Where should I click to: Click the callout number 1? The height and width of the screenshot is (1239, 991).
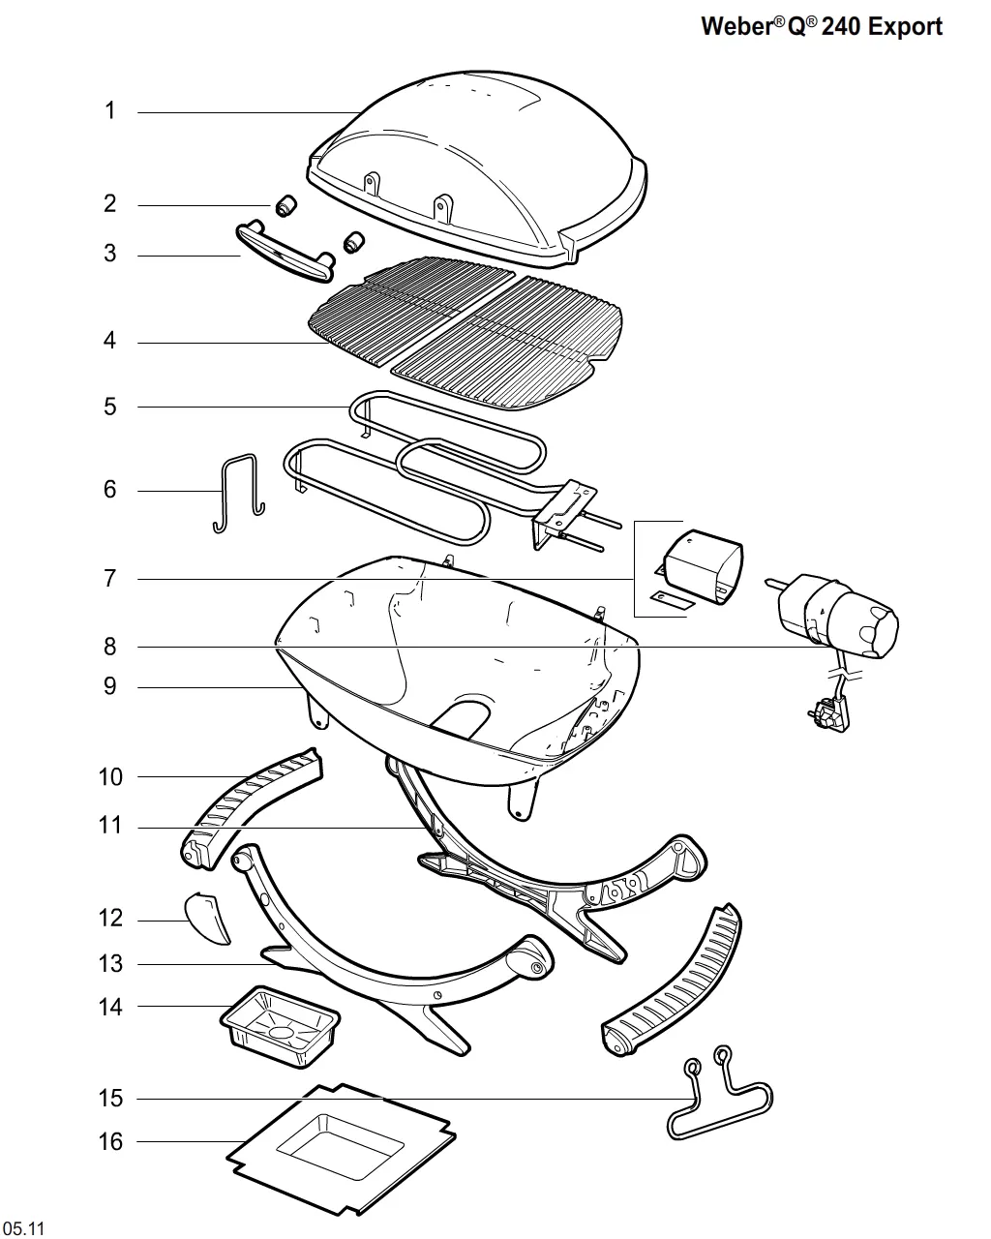(110, 110)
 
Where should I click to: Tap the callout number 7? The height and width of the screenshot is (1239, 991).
(110, 579)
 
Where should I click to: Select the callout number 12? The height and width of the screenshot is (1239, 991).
(110, 918)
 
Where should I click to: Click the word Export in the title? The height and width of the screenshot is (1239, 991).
(905, 27)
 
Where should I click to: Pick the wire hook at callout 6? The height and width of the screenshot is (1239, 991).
(239, 494)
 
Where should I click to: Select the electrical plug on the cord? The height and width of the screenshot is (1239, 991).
(828, 715)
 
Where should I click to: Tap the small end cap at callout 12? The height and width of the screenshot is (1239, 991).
(207, 919)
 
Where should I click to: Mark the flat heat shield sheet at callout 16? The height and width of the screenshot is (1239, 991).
(341, 1150)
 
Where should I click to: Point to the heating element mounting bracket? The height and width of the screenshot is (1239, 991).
(564, 512)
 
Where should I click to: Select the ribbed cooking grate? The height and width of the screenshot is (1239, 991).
(466, 332)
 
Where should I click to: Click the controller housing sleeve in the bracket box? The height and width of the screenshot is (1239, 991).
(703, 567)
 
